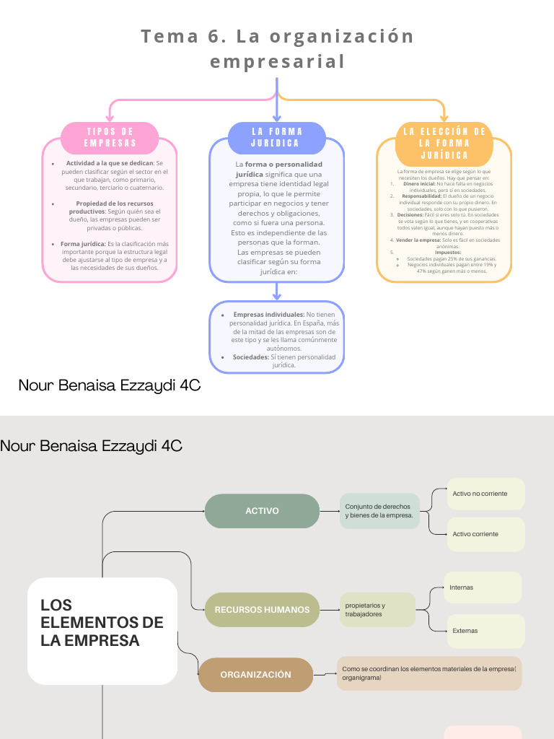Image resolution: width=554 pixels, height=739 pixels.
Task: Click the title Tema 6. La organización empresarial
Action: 277,48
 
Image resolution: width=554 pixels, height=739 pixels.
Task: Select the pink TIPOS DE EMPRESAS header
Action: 110,137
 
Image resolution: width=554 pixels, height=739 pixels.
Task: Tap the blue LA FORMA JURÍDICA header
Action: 277,137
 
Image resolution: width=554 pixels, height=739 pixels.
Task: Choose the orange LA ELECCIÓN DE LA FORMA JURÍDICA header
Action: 444,143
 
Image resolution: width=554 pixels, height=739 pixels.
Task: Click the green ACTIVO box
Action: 262,511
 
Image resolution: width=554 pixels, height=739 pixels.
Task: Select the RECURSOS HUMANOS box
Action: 262,610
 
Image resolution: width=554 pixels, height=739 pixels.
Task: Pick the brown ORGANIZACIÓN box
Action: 256,675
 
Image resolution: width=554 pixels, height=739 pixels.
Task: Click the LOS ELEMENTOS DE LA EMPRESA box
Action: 102,631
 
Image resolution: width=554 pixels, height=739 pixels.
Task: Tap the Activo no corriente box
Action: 485,494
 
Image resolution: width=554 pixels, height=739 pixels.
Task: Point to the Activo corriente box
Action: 485,534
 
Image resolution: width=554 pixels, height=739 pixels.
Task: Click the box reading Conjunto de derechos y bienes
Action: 379,511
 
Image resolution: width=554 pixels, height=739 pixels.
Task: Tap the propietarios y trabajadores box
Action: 377,610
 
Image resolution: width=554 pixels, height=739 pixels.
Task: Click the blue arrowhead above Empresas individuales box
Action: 277,296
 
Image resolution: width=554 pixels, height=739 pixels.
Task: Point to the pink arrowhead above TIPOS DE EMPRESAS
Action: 110,118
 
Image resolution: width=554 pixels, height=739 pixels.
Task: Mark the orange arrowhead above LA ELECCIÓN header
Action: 444,118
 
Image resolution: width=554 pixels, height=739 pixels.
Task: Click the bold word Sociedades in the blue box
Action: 250,357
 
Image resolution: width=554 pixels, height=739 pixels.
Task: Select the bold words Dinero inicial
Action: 418,184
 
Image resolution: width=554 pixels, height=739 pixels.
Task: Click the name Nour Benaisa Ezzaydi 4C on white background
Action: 109,386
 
